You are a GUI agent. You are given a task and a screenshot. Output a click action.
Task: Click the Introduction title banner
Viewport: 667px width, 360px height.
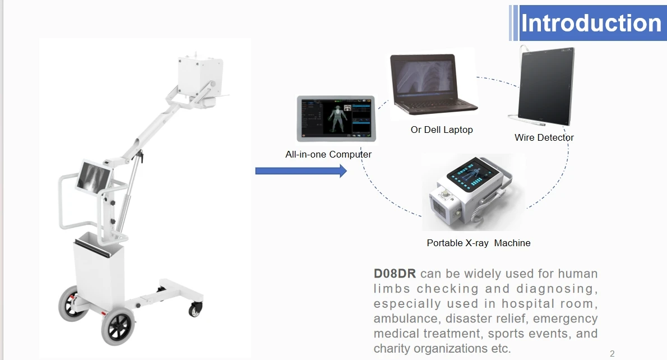591,24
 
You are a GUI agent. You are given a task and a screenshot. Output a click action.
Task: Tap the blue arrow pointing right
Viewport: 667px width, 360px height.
301,171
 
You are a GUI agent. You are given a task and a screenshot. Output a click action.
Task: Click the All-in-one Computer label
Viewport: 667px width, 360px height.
328,154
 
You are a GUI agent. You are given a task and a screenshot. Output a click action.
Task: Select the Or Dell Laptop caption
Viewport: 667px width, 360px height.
442,130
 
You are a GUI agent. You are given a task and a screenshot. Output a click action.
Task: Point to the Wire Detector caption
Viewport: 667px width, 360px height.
544,137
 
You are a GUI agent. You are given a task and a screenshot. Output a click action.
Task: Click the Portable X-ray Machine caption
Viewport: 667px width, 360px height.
479,243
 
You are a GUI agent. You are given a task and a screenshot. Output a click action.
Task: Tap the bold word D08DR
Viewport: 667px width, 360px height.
395,274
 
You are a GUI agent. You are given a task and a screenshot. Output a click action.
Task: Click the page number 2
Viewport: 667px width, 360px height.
612,354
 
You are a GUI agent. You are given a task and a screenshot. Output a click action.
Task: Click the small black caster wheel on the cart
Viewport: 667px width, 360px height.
196,309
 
